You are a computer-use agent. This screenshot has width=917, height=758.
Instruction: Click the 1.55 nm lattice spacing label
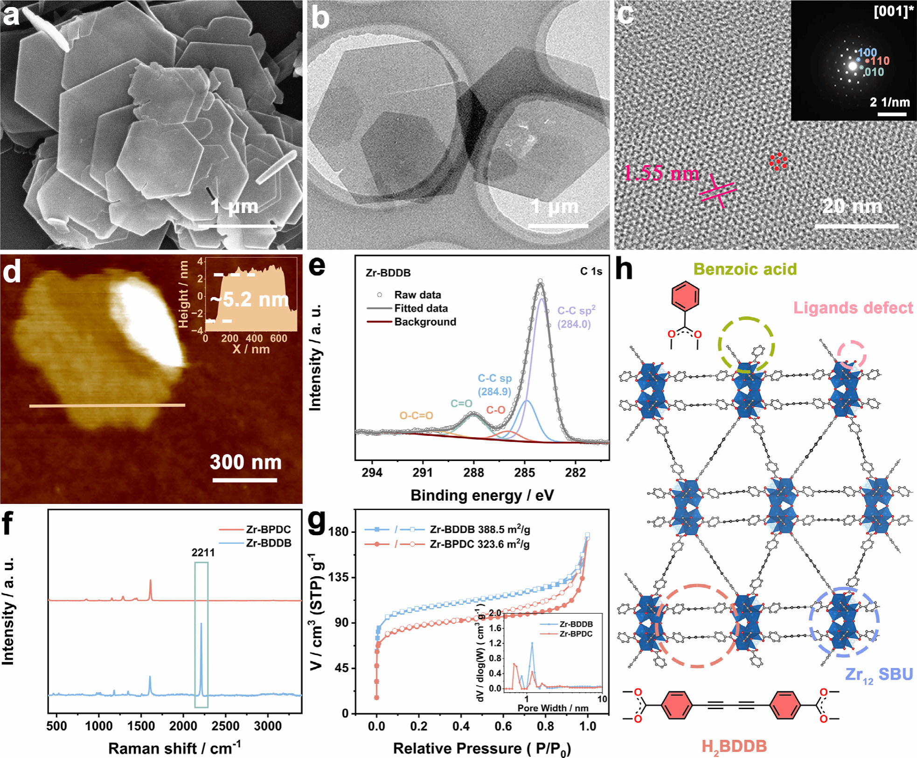[661, 174]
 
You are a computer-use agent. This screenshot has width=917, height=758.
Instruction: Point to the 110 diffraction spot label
[880, 61]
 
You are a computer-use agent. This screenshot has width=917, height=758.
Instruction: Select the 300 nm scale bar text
[246, 462]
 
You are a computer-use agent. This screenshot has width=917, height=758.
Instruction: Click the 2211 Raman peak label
[203, 552]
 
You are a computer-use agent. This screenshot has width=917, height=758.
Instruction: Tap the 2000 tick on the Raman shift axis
[183, 726]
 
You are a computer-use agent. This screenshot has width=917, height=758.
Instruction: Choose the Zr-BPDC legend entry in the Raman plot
[268, 530]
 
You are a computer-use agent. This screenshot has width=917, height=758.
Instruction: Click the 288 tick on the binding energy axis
[473, 473]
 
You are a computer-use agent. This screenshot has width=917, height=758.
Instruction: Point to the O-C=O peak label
[416, 415]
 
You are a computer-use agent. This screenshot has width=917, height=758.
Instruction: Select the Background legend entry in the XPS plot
[425, 322]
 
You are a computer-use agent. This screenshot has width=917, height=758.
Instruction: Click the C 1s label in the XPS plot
[591, 271]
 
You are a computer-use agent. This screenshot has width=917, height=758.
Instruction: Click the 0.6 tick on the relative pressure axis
[503, 726]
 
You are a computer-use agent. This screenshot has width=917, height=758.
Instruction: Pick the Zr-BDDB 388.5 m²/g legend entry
[479, 530]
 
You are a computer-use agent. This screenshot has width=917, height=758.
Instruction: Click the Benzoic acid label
[745, 269]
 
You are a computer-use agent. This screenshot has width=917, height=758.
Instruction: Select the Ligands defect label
[853, 308]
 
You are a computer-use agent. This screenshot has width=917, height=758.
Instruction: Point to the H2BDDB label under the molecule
[734, 746]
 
